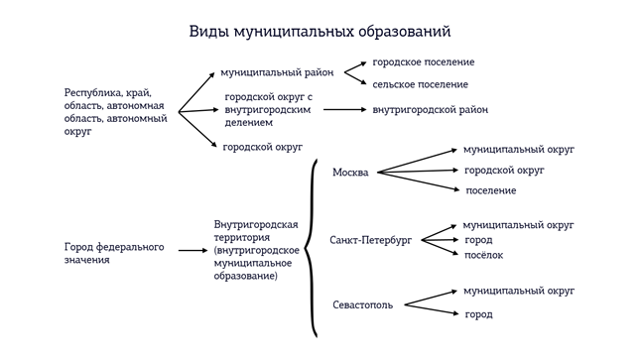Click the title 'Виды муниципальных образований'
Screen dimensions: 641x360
pyautogui.click(x=320, y=32)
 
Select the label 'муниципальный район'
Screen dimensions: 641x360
pyautogui.click(x=277, y=72)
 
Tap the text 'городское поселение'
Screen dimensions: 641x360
pyautogui.click(x=423, y=62)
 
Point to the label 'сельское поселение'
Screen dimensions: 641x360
pyautogui.click(x=421, y=84)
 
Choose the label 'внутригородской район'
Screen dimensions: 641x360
pyautogui.click(x=430, y=110)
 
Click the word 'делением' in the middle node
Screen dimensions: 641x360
pyautogui.click(x=248, y=123)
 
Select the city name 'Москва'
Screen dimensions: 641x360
pyautogui.click(x=350, y=172)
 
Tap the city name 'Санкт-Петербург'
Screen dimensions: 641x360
pyautogui.click(x=371, y=240)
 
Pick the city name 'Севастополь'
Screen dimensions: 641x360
pyautogui.click(x=362, y=304)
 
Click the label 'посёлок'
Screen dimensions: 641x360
pyautogui.click(x=483, y=255)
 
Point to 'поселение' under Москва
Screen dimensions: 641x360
pyautogui.click(x=491, y=190)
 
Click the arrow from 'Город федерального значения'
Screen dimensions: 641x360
pyautogui.click(x=192, y=250)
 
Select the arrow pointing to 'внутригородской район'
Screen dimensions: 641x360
pyautogui.click(x=344, y=109)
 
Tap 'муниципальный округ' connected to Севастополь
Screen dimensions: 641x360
pyautogui.click(x=519, y=291)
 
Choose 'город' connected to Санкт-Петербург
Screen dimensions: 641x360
pyautogui.click(x=478, y=240)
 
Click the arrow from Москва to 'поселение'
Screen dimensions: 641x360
pyautogui.click(x=418, y=181)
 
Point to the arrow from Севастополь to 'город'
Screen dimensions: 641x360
pyautogui.click(x=432, y=309)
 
